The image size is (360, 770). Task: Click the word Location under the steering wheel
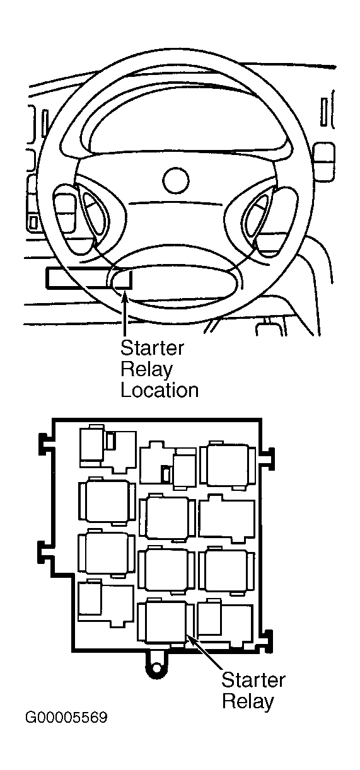160,391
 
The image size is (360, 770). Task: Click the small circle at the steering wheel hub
176,180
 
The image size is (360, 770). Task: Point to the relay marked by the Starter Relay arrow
165,623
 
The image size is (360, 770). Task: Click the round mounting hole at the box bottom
157,667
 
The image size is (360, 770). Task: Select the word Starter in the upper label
152,348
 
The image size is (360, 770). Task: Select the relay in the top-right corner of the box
228,465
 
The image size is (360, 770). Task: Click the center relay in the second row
168,517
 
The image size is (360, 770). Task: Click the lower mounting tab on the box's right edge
267,641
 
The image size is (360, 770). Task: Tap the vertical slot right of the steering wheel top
323,112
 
